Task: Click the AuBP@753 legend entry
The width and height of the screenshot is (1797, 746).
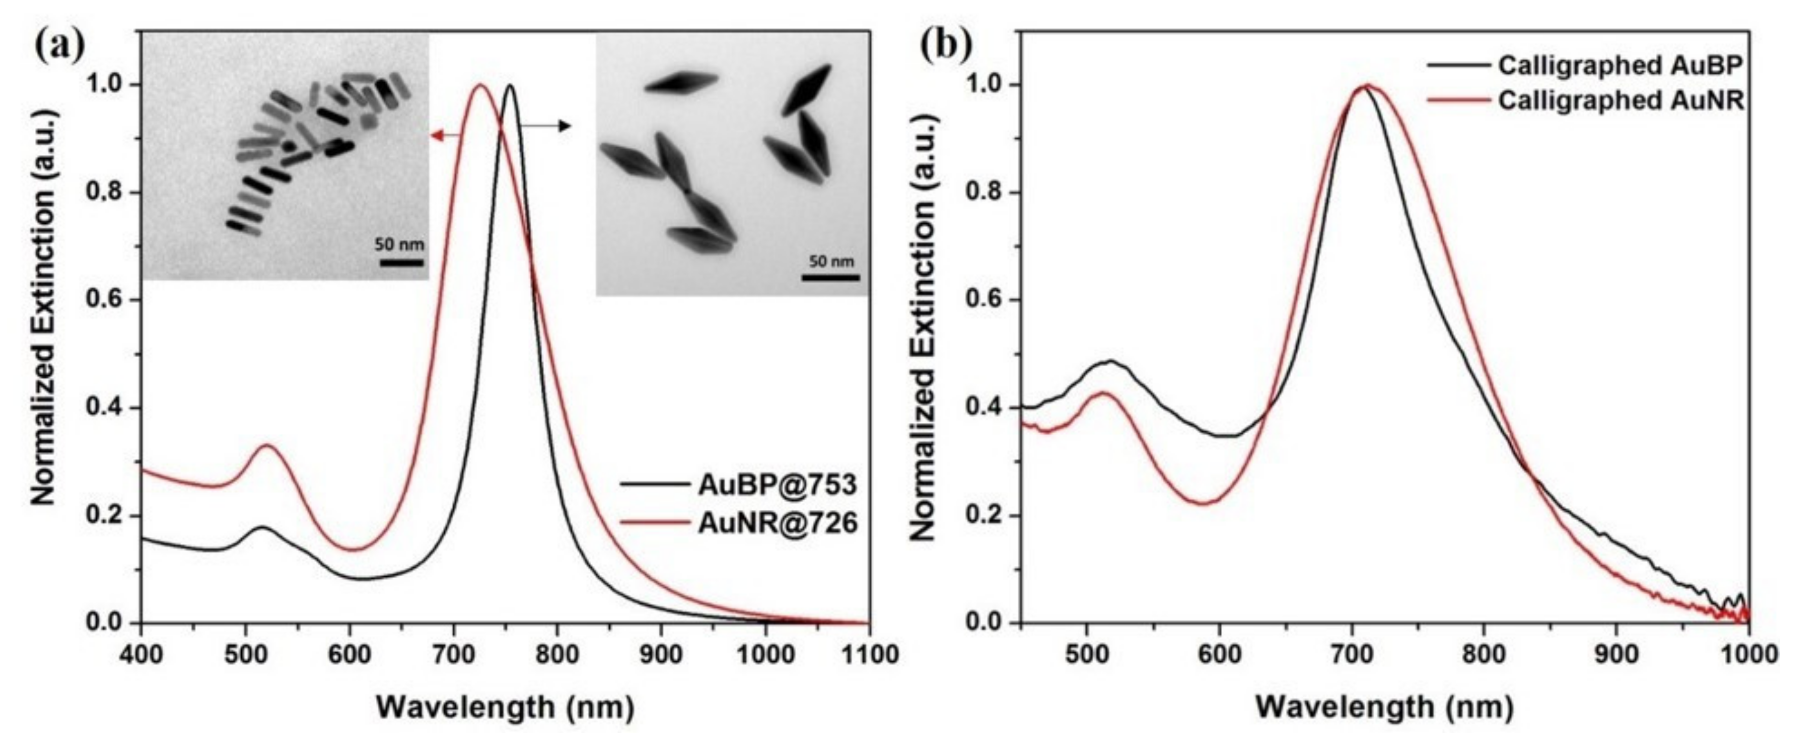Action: coord(776,484)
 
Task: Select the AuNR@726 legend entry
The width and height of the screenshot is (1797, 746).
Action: coord(776,522)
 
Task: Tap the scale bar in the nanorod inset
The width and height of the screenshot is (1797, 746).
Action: coord(401,263)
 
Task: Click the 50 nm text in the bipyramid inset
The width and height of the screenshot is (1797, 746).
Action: coord(831,262)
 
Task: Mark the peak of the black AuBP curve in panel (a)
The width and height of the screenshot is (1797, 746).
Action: coord(511,86)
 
